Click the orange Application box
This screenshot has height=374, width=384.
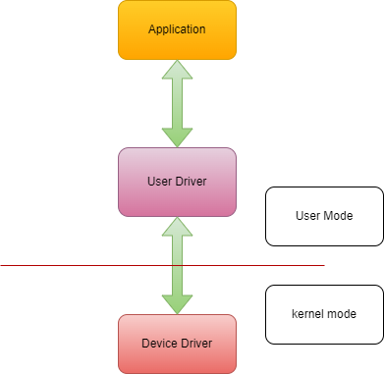pyautogui.click(x=177, y=27)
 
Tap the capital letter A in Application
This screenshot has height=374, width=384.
pyautogui.click(x=151, y=28)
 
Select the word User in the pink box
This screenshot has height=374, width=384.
pyautogui.click(x=159, y=181)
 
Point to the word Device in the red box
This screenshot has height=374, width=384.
pyautogui.click(x=160, y=344)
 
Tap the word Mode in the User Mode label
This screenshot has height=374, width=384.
pyautogui.click(x=338, y=215)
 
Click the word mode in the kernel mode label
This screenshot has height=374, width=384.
pyautogui.click(x=341, y=314)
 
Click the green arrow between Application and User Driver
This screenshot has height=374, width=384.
pyautogui.click(x=177, y=102)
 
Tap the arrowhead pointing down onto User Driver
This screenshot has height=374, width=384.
pyautogui.click(x=177, y=137)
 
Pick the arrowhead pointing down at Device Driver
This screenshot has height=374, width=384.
pyautogui.click(x=177, y=304)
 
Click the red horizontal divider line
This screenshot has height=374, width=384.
pyautogui.click(x=79, y=265)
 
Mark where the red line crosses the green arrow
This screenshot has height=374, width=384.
pyautogui.click(x=177, y=265)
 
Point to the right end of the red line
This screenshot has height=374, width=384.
pyautogui.click(x=323, y=265)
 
